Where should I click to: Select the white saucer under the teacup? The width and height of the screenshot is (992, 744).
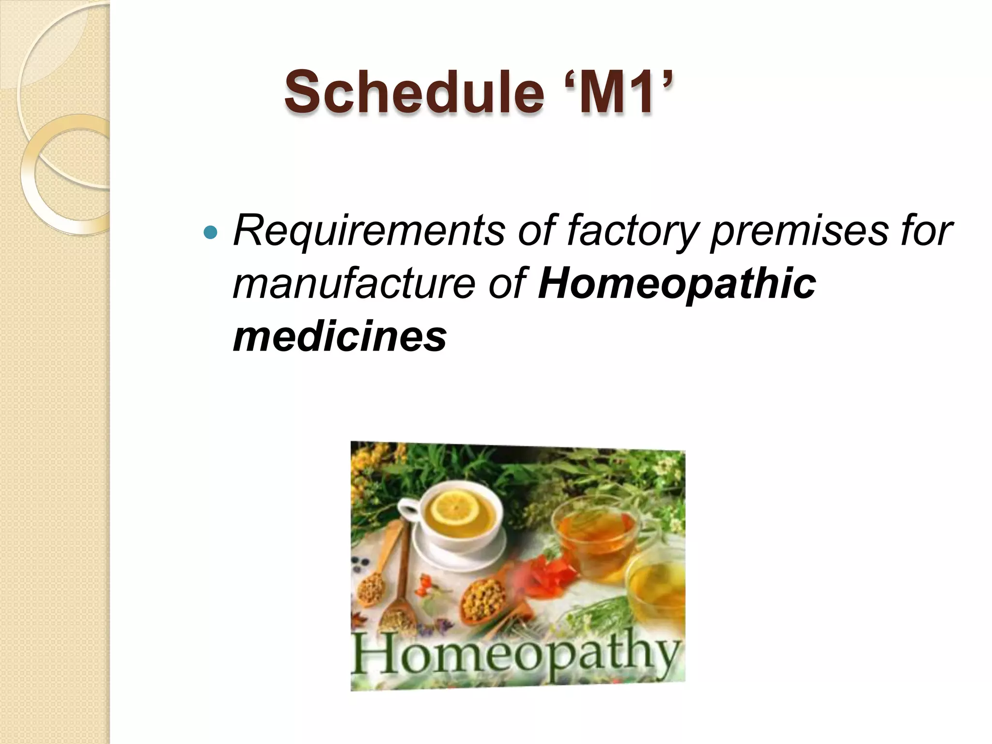[x=465, y=552]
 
